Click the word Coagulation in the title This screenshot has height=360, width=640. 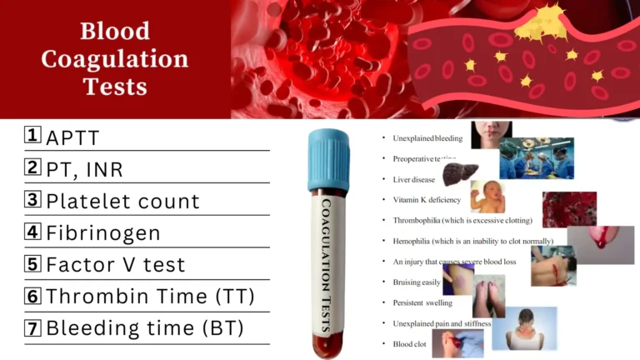pyautogui.click(x=115, y=59)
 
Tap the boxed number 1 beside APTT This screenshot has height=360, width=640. pyautogui.click(x=32, y=136)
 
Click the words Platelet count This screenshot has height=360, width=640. pyautogui.click(x=122, y=201)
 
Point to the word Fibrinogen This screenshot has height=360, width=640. pyautogui.click(x=102, y=232)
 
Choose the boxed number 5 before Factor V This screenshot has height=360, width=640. pyautogui.click(x=32, y=264)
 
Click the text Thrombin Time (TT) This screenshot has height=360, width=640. pyautogui.click(x=150, y=296)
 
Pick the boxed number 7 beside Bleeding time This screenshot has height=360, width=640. pyautogui.click(x=32, y=327)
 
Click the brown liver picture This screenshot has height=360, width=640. pyautogui.click(x=459, y=174)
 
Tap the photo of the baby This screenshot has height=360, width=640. pyautogui.click(x=487, y=197)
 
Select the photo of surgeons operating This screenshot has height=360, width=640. pyautogui.click(x=537, y=157)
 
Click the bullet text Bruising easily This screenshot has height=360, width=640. pyautogui.click(x=417, y=282)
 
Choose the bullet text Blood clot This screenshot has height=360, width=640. pyautogui.click(x=409, y=343)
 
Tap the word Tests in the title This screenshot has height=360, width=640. pyautogui.click(x=115, y=86)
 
